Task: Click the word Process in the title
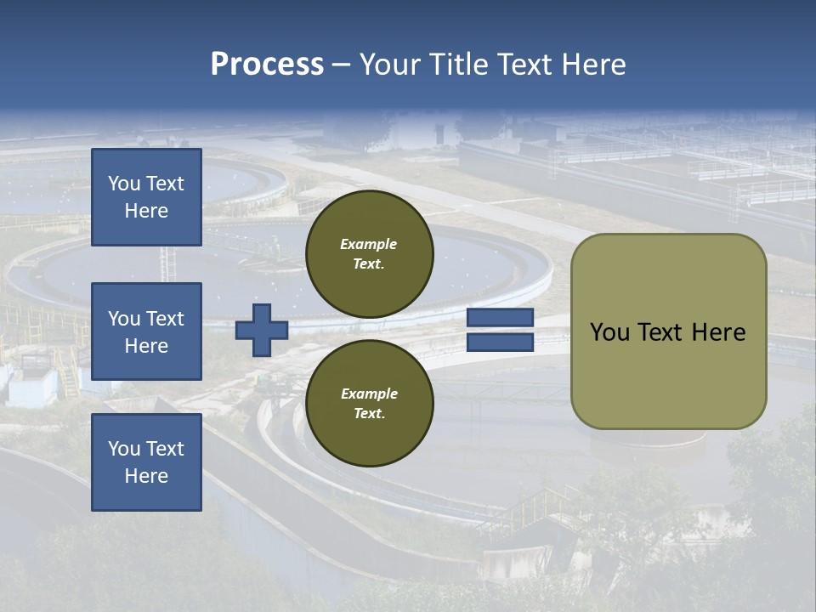click(267, 65)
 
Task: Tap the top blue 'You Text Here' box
click(146, 197)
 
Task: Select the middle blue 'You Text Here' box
click(146, 331)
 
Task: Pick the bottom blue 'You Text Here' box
click(146, 462)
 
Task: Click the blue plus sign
click(262, 330)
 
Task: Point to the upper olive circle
click(370, 253)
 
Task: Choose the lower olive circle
click(370, 403)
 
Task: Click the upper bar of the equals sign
click(501, 317)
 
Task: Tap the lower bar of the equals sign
click(501, 342)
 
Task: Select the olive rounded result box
click(668, 331)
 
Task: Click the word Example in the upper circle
click(369, 244)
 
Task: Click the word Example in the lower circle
click(369, 394)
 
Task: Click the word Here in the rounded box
click(719, 332)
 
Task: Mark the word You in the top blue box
click(124, 184)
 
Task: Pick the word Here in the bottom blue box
click(146, 476)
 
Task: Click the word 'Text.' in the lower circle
click(369, 413)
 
